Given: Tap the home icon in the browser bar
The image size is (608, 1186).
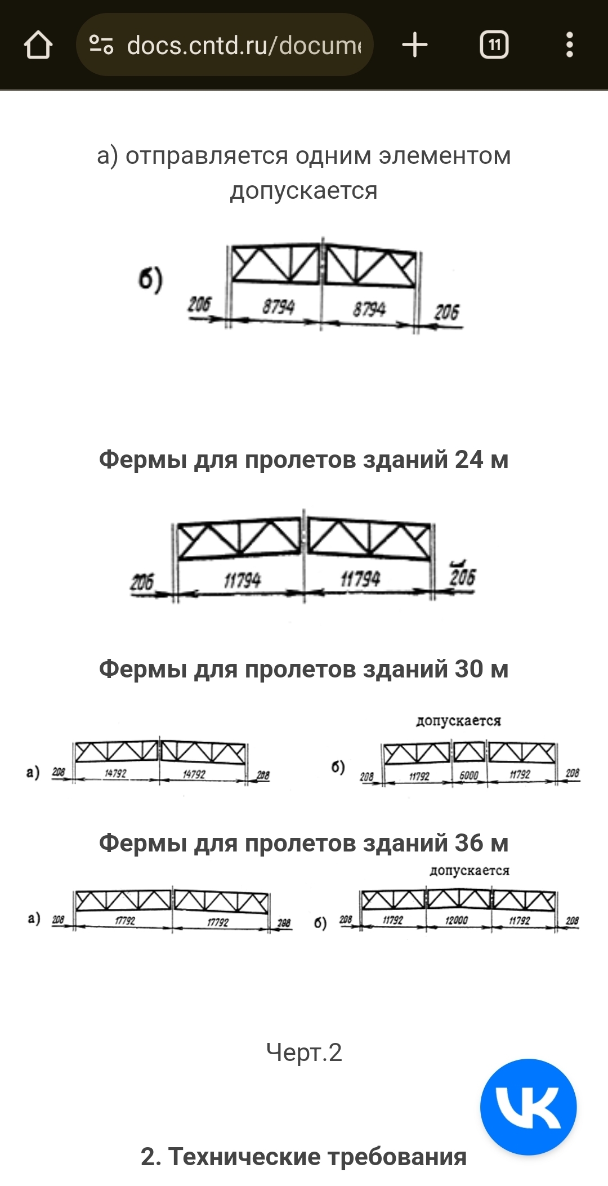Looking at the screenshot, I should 38,45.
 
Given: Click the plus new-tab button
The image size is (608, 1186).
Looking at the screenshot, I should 415,45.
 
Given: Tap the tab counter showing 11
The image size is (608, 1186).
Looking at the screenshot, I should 494,45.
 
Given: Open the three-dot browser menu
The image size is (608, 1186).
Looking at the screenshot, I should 569,45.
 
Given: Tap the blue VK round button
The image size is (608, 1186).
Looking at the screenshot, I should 528,1107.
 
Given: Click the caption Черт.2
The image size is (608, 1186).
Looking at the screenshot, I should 304,1052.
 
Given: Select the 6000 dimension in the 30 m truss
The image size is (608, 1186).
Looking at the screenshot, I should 469,775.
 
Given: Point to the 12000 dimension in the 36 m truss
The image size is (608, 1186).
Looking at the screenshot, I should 457,920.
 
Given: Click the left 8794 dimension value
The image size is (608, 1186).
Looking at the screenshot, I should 278,307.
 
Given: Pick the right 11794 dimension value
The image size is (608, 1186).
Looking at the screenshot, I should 360,578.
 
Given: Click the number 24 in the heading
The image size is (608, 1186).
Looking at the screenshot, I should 469,460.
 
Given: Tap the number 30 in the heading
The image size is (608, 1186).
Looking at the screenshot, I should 469,669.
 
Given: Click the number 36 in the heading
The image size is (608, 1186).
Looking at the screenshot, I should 469,843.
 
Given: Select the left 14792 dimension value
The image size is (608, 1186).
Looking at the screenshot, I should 115,773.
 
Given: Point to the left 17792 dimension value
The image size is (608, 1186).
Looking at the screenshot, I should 125,920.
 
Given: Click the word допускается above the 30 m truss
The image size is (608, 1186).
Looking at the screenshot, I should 458,721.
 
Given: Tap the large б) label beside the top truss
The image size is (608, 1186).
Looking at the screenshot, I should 150,279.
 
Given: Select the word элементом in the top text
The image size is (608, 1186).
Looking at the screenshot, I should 445,155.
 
